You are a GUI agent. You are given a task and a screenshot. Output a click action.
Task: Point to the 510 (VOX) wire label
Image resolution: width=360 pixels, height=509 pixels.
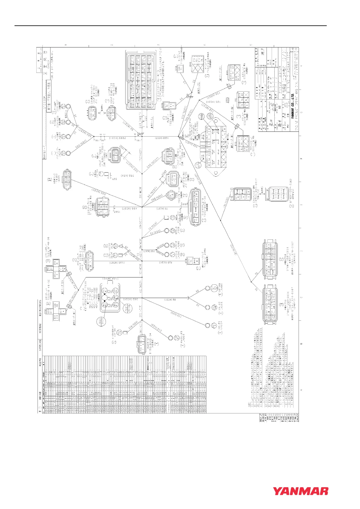(133, 327)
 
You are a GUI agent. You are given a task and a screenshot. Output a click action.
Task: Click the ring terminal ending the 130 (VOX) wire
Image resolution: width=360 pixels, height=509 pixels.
(207, 325)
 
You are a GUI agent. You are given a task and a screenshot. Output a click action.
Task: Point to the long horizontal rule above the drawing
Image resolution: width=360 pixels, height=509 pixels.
(171, 26)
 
